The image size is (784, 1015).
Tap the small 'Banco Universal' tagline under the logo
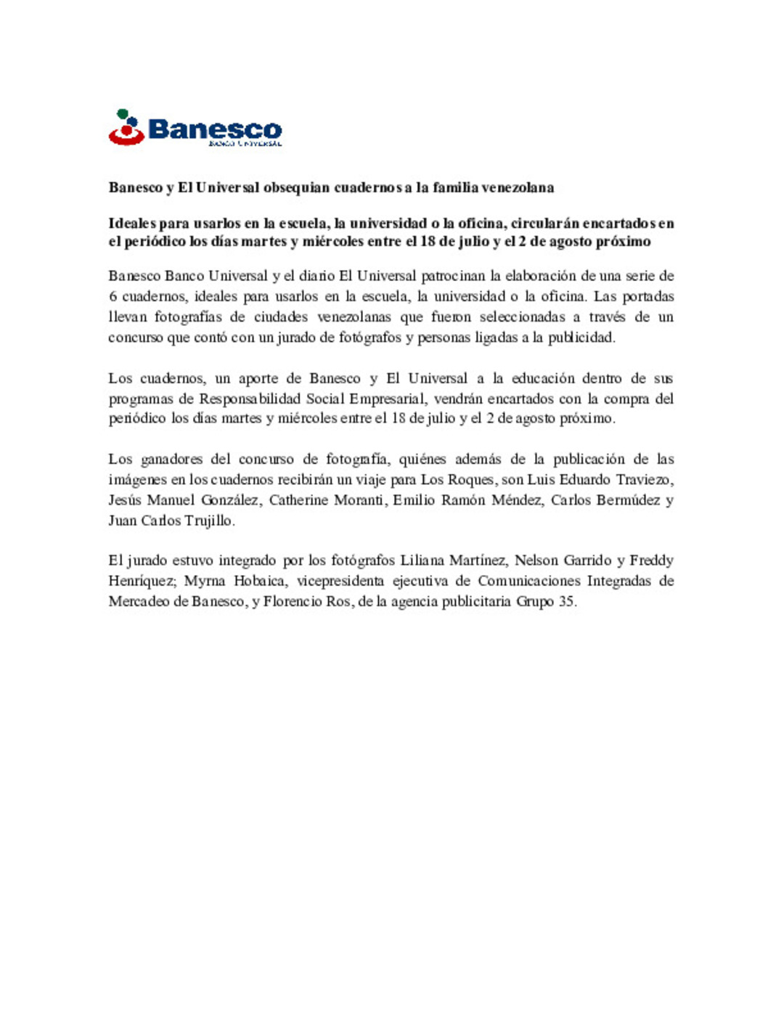tap(245, 144)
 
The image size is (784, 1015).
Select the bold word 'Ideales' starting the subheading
tap(132, 223)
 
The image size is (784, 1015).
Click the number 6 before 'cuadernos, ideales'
tap(113, 296)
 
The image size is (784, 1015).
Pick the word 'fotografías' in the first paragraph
tap(199, 317)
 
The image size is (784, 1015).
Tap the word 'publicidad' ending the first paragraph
tap(581, 337)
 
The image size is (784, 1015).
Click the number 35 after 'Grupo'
tap(566, 601)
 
